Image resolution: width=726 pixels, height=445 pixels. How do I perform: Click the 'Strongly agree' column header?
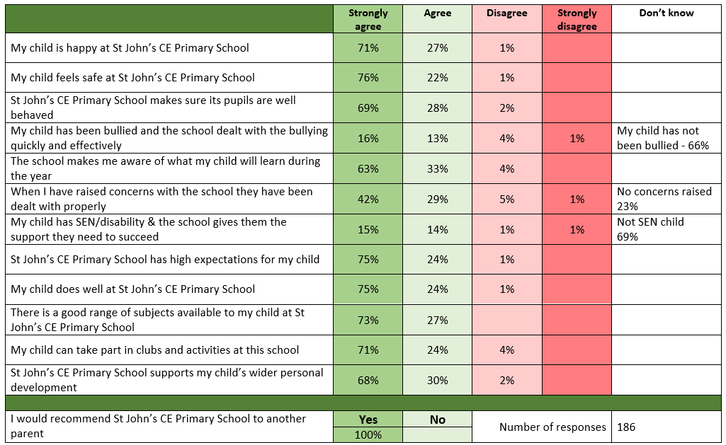368,19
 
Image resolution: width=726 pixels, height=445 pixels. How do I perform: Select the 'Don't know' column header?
666,13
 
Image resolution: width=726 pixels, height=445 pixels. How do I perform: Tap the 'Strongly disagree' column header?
577,19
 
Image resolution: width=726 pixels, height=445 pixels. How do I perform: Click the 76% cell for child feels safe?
368,78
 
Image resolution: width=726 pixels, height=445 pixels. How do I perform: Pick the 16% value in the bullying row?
368,139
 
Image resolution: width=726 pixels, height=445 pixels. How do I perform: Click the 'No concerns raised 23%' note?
664,199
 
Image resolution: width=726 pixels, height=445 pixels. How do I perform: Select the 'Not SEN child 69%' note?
650,229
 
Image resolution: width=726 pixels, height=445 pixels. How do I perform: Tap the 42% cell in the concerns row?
368,200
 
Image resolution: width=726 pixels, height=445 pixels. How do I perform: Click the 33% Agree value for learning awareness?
437,169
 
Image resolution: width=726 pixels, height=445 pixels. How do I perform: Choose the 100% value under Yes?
368,435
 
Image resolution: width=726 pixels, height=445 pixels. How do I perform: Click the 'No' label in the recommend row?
437,420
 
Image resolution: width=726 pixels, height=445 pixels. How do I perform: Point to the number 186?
626,427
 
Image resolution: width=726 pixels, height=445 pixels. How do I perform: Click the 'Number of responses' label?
552,427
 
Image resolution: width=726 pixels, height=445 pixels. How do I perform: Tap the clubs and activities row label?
154,350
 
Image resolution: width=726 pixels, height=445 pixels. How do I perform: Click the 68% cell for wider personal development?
368,381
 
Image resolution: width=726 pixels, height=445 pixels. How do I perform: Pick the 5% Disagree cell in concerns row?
506,200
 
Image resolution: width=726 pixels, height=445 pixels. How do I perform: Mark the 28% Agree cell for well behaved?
437,108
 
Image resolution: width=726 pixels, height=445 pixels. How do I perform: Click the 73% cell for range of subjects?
368,320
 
